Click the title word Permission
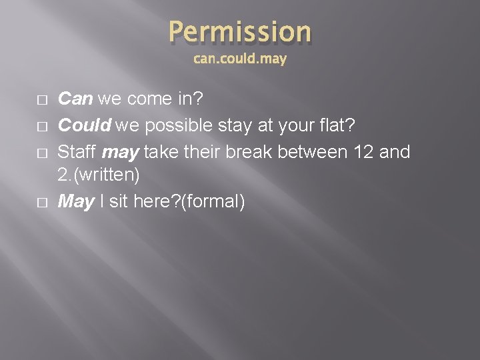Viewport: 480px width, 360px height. pyautogui.click(x=239, y=31)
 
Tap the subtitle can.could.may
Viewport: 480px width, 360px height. pyautogui.click(x=239, y=59)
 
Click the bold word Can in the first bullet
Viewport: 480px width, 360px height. pyautogui.click(x=76, y=100)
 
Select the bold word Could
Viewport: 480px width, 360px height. pyautogui.click(x=84, y=125)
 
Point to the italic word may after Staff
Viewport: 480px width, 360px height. pyautogui.click(x=121, y=152)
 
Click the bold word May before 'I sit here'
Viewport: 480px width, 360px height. pyautogui.click(x=76, y=201)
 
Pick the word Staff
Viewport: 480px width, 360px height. pyautogui.click(x=78, y=151)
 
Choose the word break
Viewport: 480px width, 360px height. pyautogui.click(x=251, y=151)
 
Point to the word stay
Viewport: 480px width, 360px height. pyautogui.click(x=236, y=126)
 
